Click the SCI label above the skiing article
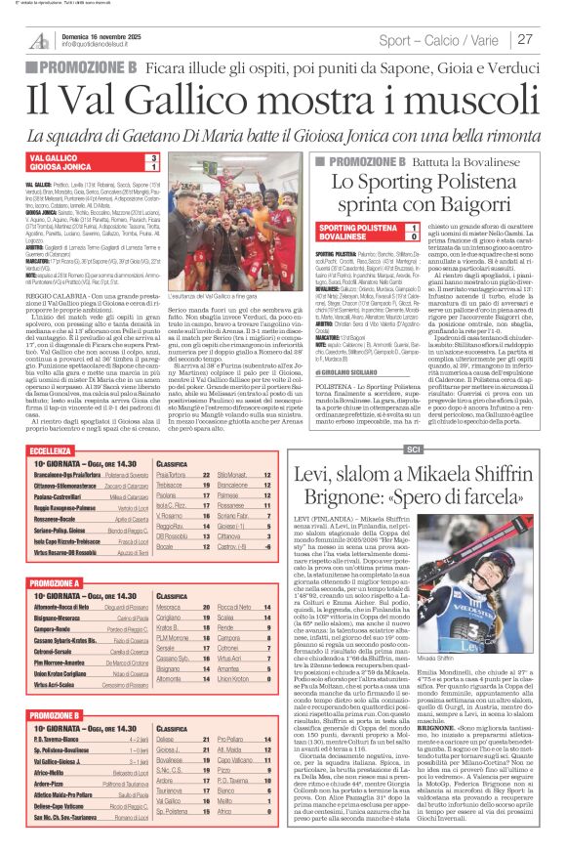(413, 448)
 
